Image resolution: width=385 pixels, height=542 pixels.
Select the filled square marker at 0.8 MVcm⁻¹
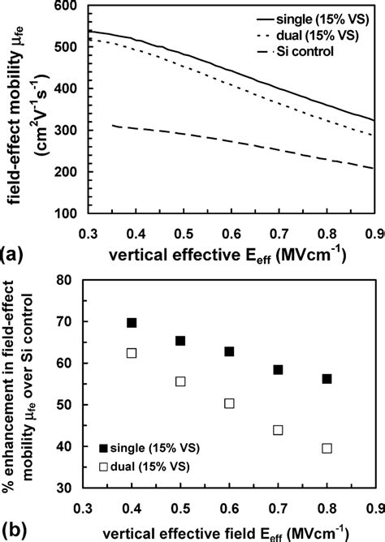[327, 379]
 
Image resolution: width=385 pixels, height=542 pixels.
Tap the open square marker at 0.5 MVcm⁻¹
[180, 381]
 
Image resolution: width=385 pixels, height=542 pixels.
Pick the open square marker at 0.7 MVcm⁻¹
[278, 430]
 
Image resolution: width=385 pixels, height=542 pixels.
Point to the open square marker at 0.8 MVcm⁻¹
[327, 448]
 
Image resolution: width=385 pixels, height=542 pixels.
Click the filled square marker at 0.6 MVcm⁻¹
[229, 351]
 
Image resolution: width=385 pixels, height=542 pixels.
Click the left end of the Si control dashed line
[113, 126]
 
